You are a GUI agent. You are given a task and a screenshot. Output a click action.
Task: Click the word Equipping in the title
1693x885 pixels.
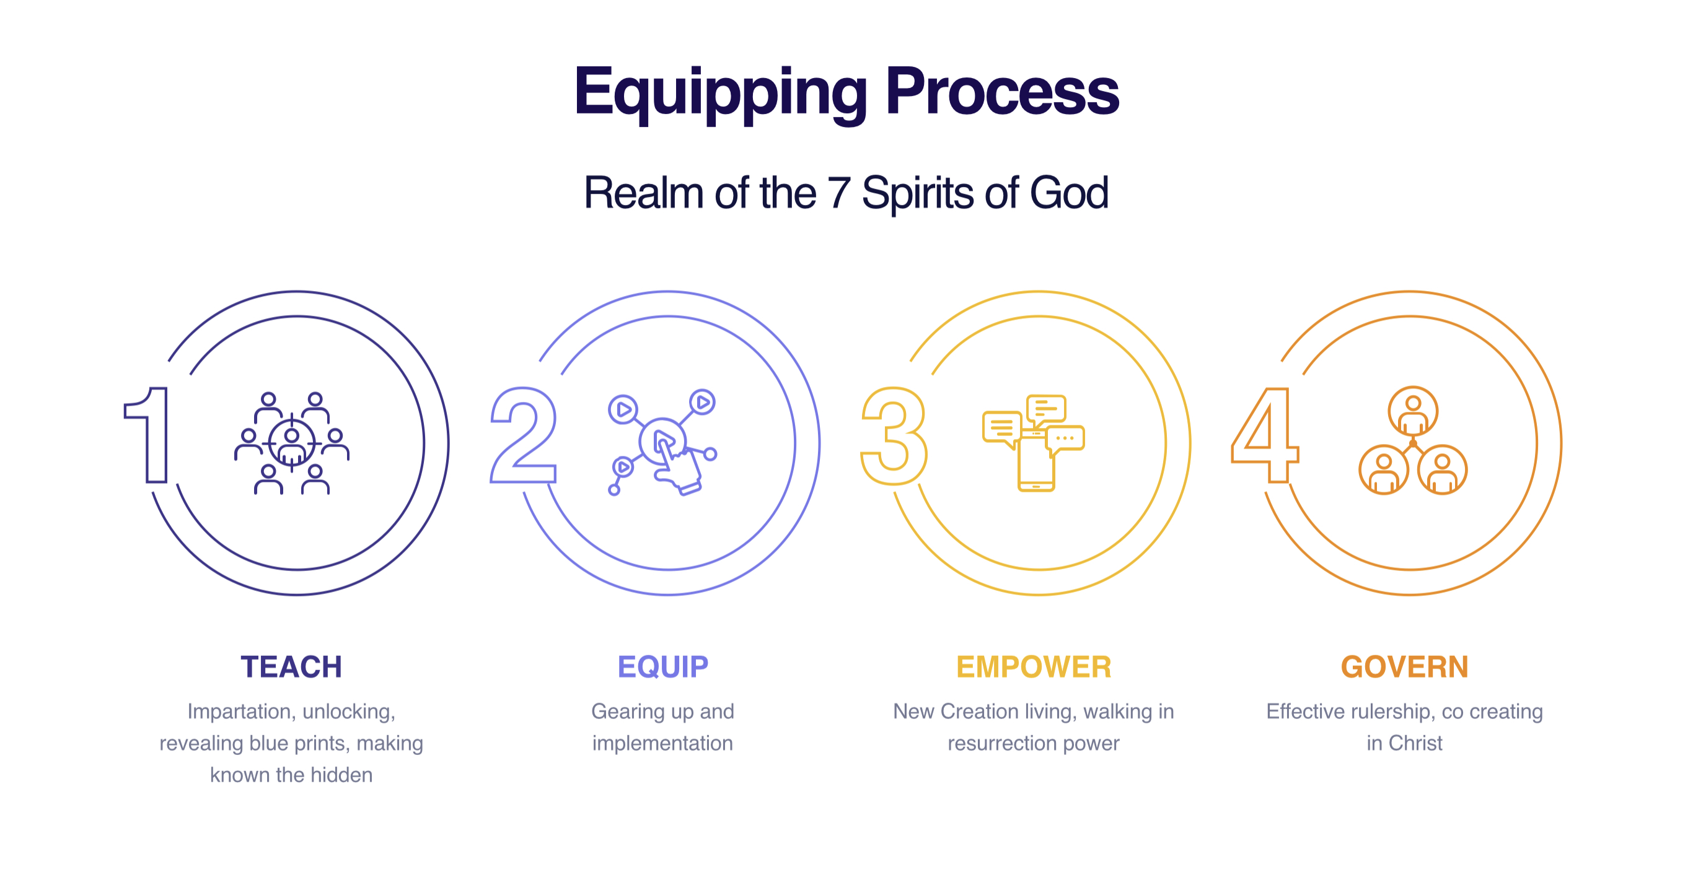click(x=721, y=94)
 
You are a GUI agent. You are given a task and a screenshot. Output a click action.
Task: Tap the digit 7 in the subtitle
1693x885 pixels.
click(x=838, y=193)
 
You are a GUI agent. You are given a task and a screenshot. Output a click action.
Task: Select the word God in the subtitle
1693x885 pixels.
click(x=1070, y=193)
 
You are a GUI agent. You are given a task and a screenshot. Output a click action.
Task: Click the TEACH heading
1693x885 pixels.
click(x=291, y=667)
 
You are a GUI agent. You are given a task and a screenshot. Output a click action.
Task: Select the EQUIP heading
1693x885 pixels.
click(x=662, y=667)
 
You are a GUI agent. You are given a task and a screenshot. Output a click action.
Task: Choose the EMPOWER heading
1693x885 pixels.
click(x=1034, y=667)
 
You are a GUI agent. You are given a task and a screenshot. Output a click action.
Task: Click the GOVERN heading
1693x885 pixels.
click(x=1404, y=667)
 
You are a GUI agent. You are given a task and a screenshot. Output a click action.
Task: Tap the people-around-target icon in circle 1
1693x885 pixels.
click(x=292, y=443)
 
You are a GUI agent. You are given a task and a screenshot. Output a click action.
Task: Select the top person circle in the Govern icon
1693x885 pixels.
click(x=1413, y=411)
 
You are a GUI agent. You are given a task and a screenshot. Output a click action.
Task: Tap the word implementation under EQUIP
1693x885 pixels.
click(x=662, y=743)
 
